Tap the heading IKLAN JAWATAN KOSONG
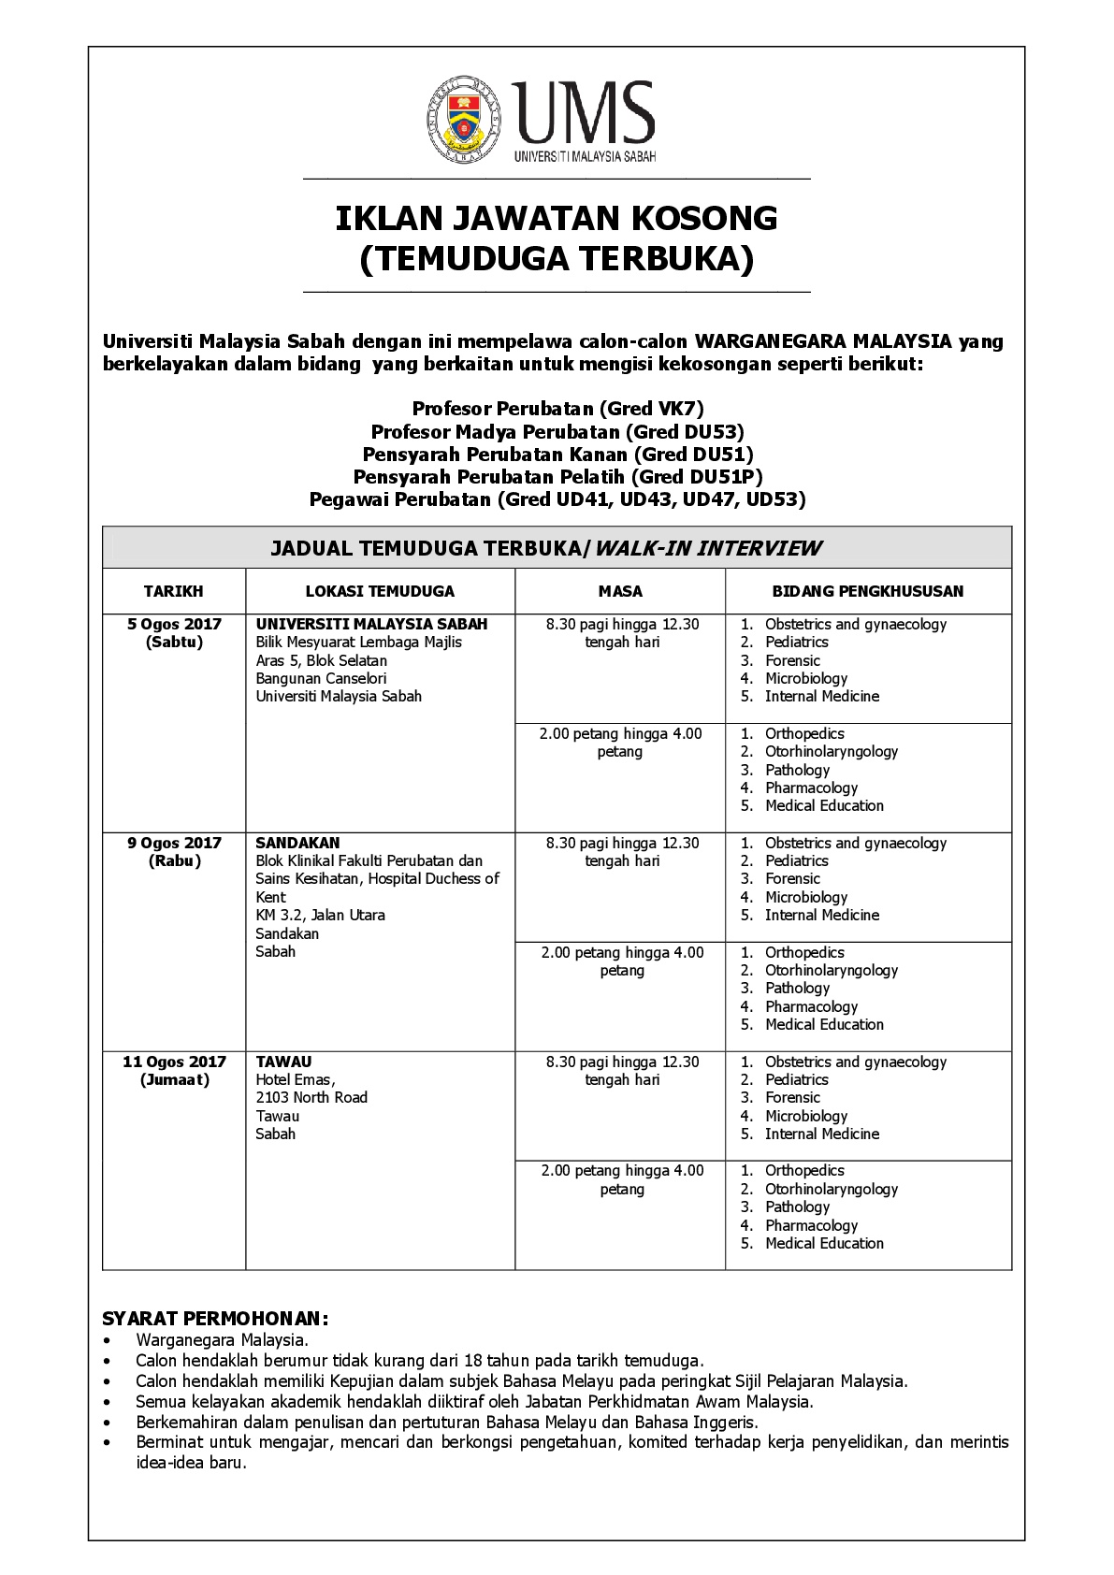557,219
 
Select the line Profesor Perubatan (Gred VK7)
557,409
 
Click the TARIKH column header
173,591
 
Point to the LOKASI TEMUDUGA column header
380,591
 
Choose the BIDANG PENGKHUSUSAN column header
867,591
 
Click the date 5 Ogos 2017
174,624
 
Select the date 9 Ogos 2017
174,843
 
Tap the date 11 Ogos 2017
174,1062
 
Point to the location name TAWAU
283,1062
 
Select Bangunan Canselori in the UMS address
321,678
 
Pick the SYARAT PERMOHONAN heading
215,1319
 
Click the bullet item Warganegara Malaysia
222,1339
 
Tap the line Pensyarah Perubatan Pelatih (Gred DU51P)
557,477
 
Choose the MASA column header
620,591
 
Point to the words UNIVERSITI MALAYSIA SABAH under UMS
585,157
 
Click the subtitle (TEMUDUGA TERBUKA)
557,259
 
